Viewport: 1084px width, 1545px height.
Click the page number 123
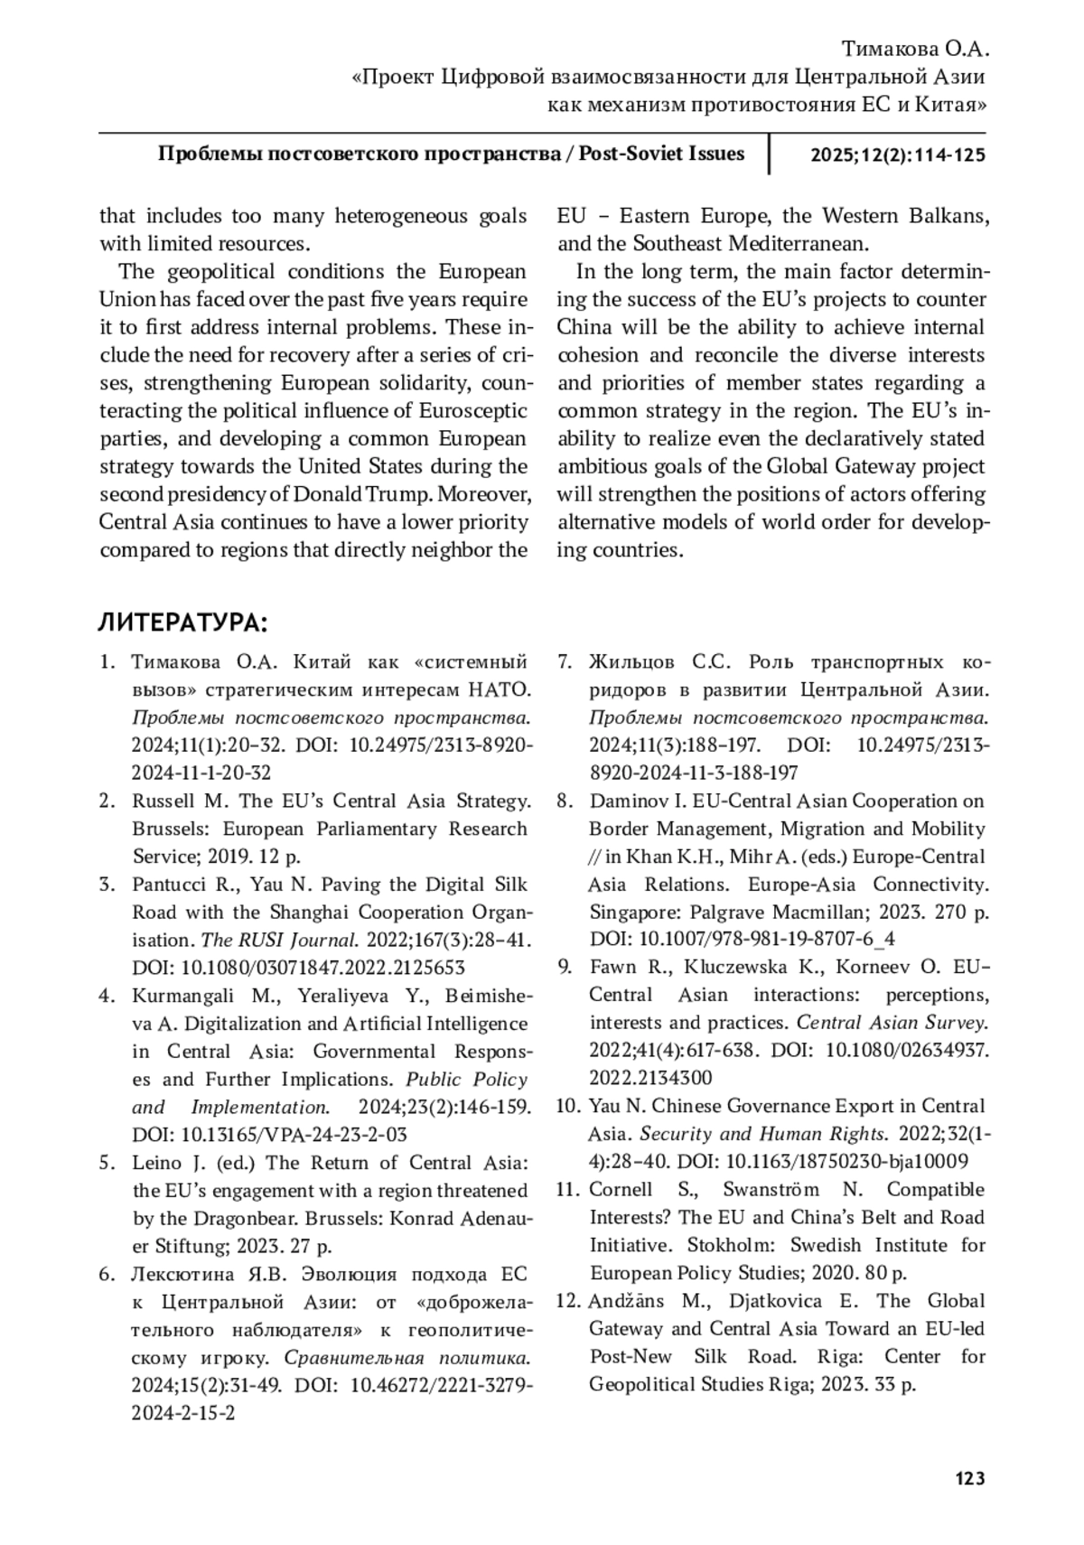click(969, 1479)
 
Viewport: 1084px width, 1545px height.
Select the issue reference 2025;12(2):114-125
click(897, 154)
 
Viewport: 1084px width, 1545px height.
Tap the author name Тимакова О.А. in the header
click(915, 49)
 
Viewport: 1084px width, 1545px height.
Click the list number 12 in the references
click(566, 1301)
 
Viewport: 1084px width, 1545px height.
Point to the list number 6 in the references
click(107, 1274)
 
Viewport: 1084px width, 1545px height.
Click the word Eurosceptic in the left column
click(472, 411)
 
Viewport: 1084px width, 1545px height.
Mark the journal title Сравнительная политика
click(406, 1358)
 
